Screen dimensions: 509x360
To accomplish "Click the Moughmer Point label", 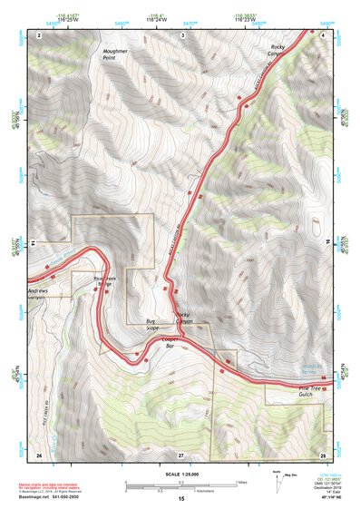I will [x=116, y=59].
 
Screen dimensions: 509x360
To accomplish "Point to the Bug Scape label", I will [x=152, y=325].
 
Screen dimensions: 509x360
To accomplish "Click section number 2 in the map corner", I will [x=41, y=34].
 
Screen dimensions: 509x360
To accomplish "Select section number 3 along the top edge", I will [x=182, y=34].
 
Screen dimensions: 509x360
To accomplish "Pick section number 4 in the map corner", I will [x=324, y=34].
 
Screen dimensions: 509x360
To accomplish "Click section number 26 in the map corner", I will [x=39, y=454].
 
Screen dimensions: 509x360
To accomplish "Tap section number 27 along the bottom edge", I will [x=181, y=454].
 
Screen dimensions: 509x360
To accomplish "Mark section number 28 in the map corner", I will [x=323, y=454].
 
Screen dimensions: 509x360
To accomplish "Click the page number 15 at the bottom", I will [x=181, y=500].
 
